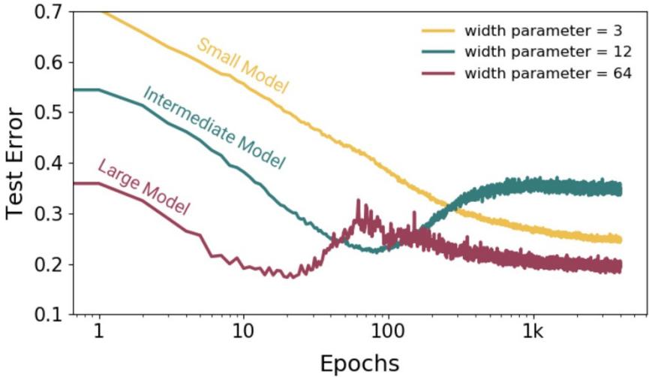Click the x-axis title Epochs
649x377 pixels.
point(359,363)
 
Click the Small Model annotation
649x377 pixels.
point(242,65)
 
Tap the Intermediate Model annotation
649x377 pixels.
point(213,128)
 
